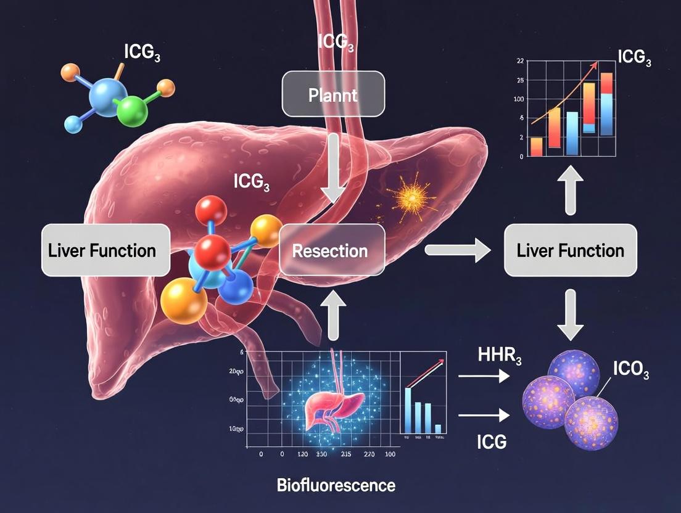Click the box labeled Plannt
pyautogui.click(x=333, y=94)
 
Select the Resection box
pyautogui.click(x=332, y=250)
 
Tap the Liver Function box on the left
pyautogui.click(x=105, y=250)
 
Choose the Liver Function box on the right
pyautogui.click(x=571, y=250)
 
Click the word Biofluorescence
pyautogui.click(x=336, y=485)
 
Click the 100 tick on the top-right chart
pyautogui.click(x=518, y=99)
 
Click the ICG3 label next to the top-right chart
pyautogui.click(x=634, y=59)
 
